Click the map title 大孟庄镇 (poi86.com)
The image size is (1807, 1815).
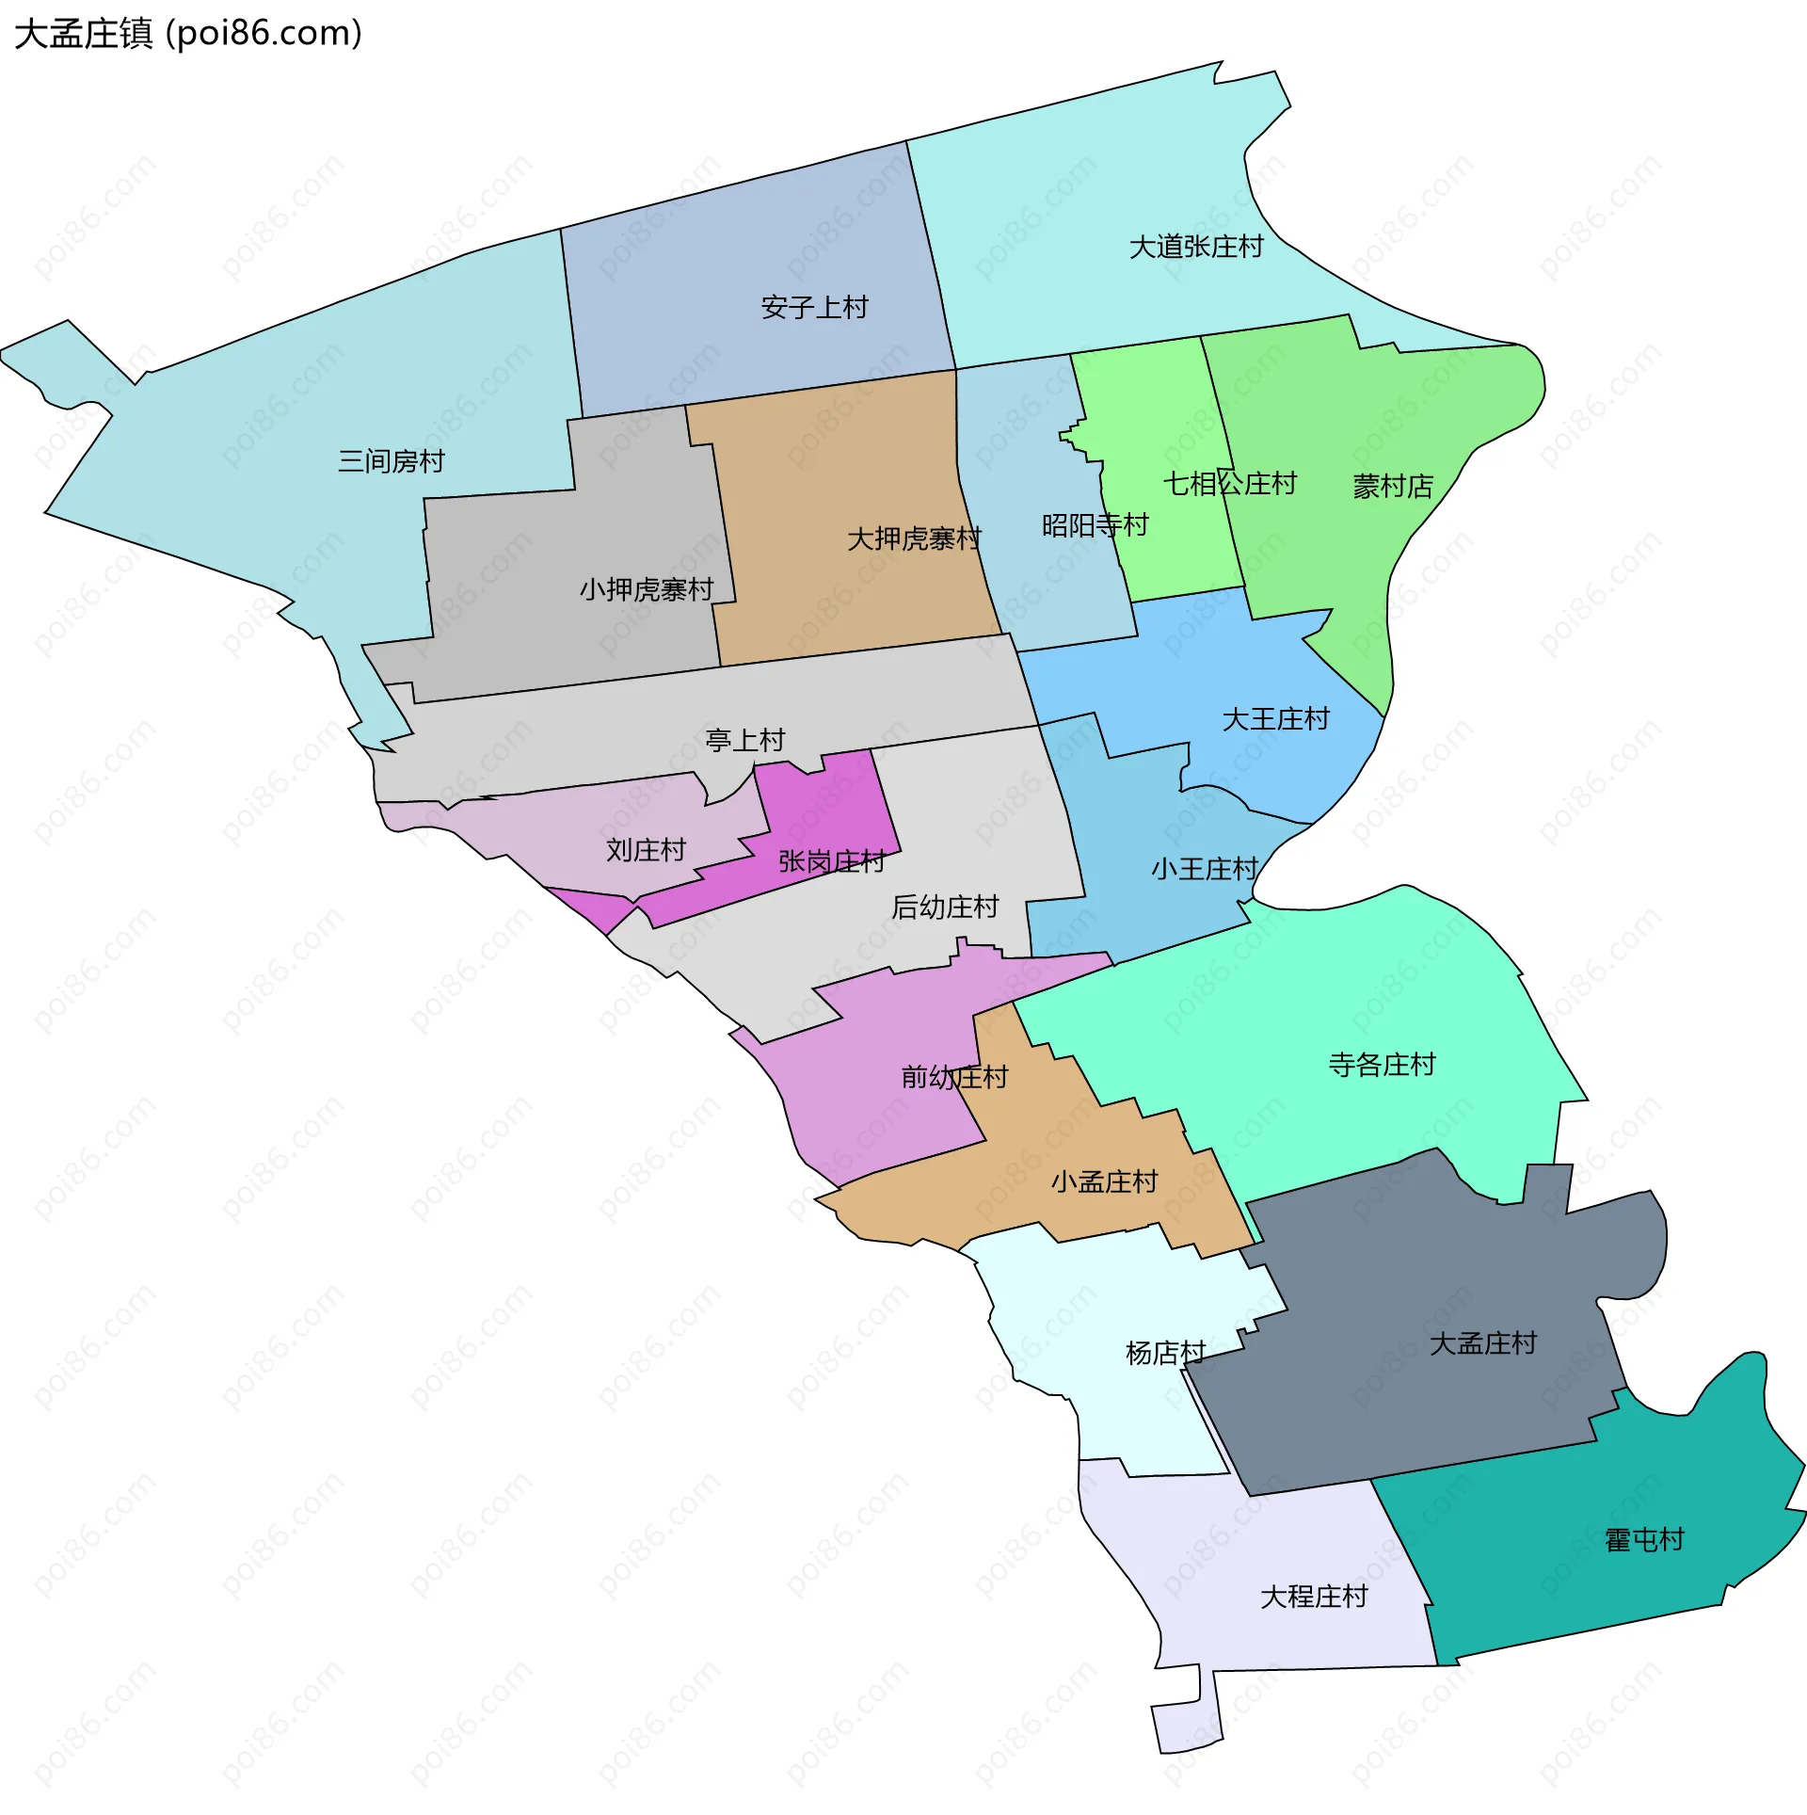coord(188,34)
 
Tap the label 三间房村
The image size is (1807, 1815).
coord(392,461)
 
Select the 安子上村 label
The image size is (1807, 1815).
coord(814,308)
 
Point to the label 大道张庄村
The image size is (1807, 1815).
coord(1196,247)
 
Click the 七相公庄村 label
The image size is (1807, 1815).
coord(1229,484)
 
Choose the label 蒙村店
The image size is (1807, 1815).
coord(1393,487)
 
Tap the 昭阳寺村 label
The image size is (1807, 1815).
coord(1095,525)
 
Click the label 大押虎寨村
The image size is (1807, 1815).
coord(914,539)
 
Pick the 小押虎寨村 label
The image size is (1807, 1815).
coord(647,590)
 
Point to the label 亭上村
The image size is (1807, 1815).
coord(745,741)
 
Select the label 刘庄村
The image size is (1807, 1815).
coord(646,851)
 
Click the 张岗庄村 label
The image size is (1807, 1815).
coord(832,861)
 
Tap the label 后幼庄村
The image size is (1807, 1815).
coord(945,907)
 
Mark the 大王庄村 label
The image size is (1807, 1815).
coord(1275,720)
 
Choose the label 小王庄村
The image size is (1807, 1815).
coord(1205,869)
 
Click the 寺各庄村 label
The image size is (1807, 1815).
coord(1382,1065)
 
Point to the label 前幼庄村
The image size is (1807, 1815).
coord(954,1077)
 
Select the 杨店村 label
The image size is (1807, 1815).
coord(1165,1354)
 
